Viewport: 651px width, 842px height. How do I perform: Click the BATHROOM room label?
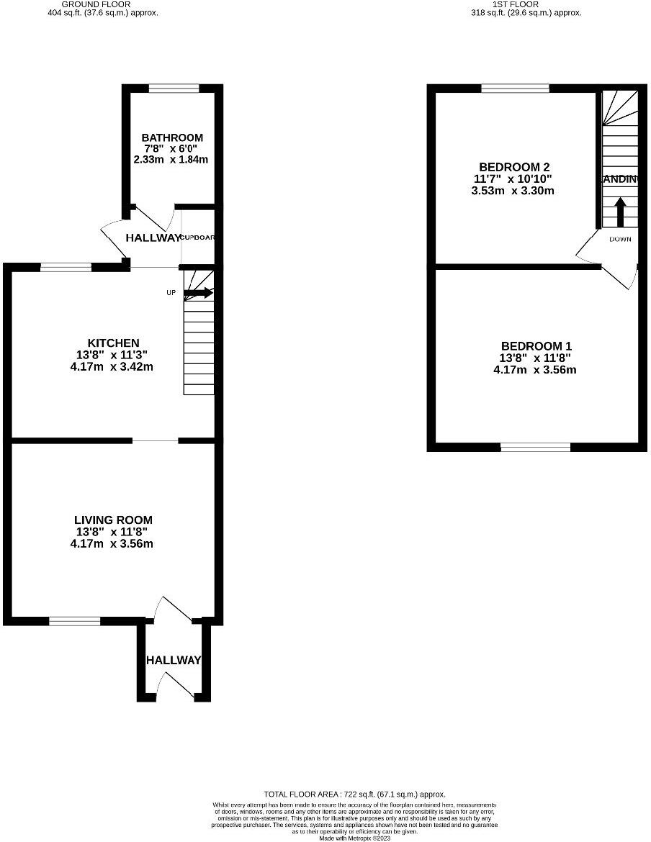(x=172, y=137)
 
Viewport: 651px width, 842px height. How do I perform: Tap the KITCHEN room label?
(x=113, y=343)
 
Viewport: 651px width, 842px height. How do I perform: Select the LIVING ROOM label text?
(x=113, y=520)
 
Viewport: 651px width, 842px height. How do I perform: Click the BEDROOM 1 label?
(x=536, y=346)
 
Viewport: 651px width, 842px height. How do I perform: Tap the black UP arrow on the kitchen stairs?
(x=199, y=293)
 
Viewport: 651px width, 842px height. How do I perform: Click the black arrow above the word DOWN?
(x=619, y=213)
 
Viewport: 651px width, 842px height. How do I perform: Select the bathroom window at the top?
(x=174, y=89)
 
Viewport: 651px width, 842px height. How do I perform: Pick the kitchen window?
(x=66, y=268)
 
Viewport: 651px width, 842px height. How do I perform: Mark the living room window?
(x=75, y=620)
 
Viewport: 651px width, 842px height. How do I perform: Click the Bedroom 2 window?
(x=515, y=89)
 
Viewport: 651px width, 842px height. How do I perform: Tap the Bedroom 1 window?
(x=536, y=447)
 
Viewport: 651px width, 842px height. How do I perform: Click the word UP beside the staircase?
(x=171, y=293)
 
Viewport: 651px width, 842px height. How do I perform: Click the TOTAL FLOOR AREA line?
(x=355, y=795)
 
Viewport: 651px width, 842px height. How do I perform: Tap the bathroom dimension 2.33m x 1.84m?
(x=171, y=159)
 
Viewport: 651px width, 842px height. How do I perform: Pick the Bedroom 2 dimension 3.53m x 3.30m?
(x=511, y=191)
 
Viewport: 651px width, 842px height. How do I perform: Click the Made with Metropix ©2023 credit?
(x=354, y=838)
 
